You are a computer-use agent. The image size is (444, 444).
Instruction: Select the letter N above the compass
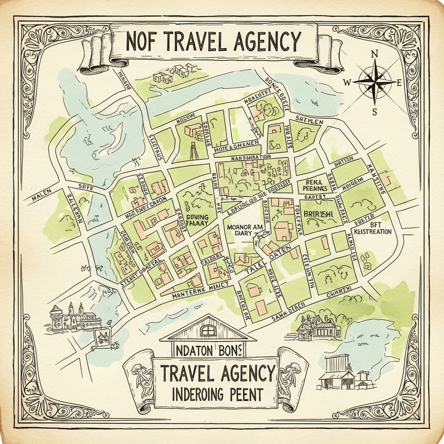pyautogui.click(x=376, y=54)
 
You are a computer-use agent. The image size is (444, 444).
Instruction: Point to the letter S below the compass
pyautogui.click(x=375, y=110)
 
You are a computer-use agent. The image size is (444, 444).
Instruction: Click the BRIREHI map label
pyautogui.click(x=315, y=213)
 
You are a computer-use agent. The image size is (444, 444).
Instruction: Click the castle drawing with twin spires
pyautogui.click(x=70, y=317)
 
